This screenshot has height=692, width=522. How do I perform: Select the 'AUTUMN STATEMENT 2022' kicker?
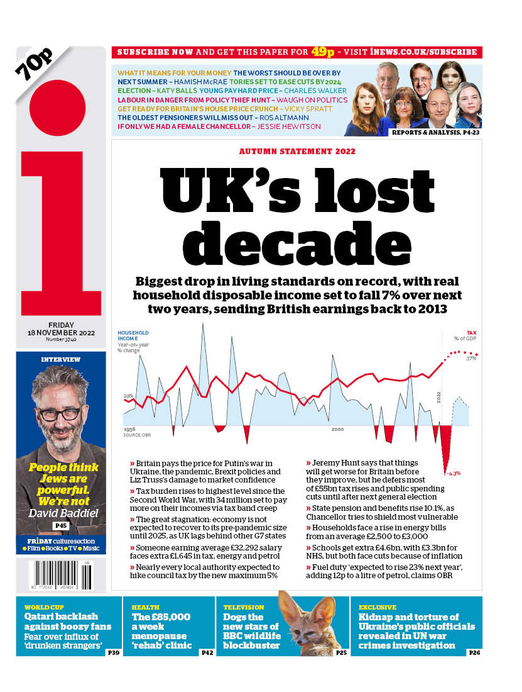(x=297, y=152)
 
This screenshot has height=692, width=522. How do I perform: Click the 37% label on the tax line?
(x=470, y=359)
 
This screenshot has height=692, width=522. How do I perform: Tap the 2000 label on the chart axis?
(x=337, y=429)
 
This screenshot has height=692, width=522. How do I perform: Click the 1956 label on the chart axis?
(x=129, y=428)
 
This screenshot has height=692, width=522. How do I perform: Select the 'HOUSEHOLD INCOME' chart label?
(x=133, y=335)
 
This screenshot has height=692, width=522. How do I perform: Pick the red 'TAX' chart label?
(x=471, y=333)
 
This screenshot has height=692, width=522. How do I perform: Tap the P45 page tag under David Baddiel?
(x=61, y=525)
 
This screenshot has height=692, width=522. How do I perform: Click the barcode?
(x=61, y=574)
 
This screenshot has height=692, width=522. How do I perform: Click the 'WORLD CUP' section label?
(x=43, y=607)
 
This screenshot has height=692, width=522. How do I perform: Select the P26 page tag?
(x=474, y=653)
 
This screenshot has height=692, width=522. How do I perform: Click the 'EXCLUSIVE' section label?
(x=378, y=607)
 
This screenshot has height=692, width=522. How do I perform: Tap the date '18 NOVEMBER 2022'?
(x=61, y=333)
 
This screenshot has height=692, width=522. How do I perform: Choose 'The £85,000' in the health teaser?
(x=161, y=617)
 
